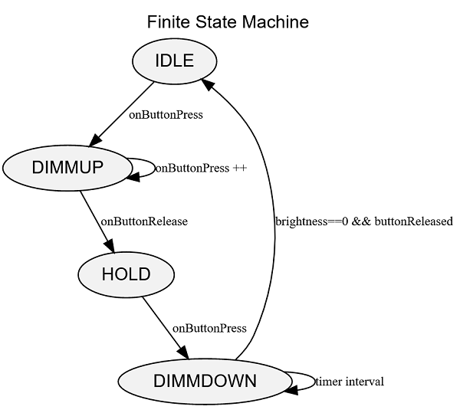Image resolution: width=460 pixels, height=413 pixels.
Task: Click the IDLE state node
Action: [x=175, y=61]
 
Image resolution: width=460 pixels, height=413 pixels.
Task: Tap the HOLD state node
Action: [x=126, y=274]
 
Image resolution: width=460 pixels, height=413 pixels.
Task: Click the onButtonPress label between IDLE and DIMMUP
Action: [x=166, y=116]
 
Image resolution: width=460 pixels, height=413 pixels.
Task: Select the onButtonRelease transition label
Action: [x=144, y=221]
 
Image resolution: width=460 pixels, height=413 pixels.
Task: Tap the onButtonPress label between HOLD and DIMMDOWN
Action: [x=209, y=328]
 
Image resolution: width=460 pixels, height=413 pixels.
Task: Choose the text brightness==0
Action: [x=311, y=221]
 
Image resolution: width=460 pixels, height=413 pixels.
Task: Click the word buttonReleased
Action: [x=413, y=221]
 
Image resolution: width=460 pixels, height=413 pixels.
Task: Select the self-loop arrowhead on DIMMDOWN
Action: [x=292, y=388]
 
